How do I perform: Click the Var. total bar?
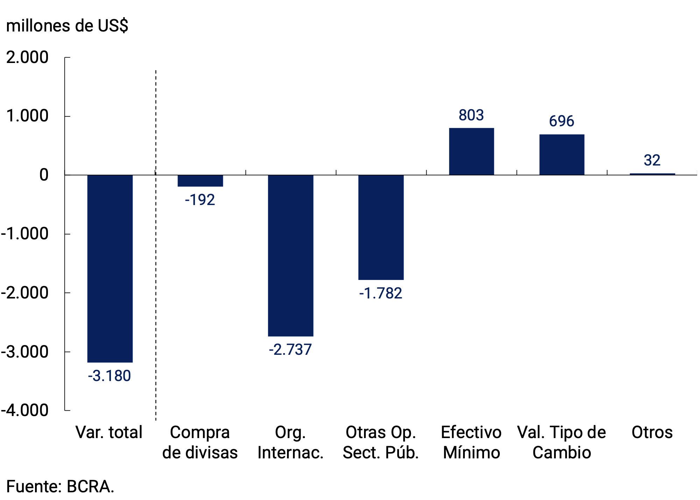(110, 268)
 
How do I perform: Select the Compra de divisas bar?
(200, 181)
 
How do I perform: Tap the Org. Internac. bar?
(290, 255)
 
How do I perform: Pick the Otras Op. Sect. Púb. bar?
(381, 227)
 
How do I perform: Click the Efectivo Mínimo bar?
(471, 152)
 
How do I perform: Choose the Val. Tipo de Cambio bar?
(562, 155)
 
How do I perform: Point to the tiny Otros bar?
(652, 174)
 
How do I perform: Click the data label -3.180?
(110, 376)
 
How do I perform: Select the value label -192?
(200, 200)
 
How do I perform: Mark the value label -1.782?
(381, 294)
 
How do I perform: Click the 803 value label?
(471, 115)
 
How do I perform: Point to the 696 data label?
(561, 121)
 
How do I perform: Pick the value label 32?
(652, 161)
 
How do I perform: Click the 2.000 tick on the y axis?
(27, 57)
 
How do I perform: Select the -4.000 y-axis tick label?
(24, 410)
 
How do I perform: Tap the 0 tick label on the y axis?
(44, 175)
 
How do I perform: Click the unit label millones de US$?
(67, 26)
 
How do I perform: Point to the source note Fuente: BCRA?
(60, 487)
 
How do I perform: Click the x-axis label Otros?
(652, 432)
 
